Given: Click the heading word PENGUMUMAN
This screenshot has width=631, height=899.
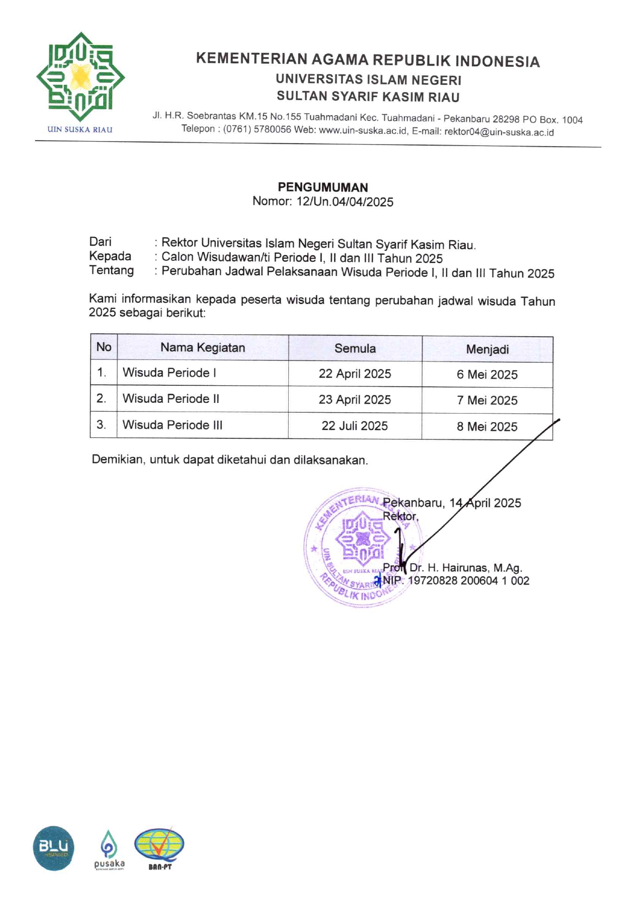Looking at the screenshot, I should pyautogui.click(x=323, y=187).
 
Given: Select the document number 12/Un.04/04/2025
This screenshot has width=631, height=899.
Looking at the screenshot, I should pyautogui.click(x=344, y=202).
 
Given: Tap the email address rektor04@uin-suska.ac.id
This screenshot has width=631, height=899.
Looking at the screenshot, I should pyautogui.click(x=499, y=132).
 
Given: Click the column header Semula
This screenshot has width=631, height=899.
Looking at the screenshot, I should pyautogui.click(x=355, y=348).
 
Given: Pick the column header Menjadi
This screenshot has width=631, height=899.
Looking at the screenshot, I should pyautogui.click(x=487, y=349).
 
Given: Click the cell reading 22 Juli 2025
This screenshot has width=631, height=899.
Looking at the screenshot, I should pyautogui.click(x=354, y=426).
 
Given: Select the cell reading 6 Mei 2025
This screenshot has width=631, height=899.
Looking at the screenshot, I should pyautogui.click(x=487, y=375).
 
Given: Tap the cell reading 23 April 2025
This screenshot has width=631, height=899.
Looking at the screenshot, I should pyautogui.click(x=354, y=399).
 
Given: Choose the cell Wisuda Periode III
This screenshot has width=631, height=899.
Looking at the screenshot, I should pyautogui.click(x=172, y=425).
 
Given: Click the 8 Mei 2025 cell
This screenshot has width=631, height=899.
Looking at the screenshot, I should pyautogui.click(x=487, y=427).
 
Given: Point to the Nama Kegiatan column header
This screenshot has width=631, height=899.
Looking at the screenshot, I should pyautogui.click(x=202, y=347).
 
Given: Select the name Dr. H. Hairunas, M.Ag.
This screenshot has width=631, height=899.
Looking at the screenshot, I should pyautogui.click(x=465, y=568).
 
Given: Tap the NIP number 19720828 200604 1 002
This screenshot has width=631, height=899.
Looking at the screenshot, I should pyautogui.click(x=468, y=581).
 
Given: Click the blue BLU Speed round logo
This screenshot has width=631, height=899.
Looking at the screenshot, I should pyautogui.click(x=54, y=848).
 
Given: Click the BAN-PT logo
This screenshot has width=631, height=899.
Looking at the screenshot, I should pyautogui.click(x=159, y=848).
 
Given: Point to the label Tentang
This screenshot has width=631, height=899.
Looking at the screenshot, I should pyautogui.click(x=111, y=271).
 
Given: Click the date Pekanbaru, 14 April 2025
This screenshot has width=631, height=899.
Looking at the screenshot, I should pyautogui.click(x=452, y=503).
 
